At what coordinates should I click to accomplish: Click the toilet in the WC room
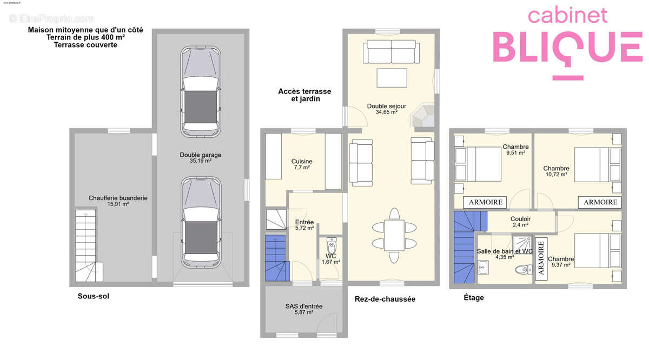(x=332, y=245)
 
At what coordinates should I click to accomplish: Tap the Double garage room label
(x=201, y=157)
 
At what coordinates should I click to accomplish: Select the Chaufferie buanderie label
(x=118, y=201)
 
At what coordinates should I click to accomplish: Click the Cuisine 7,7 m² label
(x=302, y=164)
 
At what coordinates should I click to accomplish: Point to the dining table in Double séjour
(x=394, y=235)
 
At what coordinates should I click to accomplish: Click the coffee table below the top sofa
(x=392, y=78)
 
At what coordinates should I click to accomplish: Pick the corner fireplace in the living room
(x=423, y=116)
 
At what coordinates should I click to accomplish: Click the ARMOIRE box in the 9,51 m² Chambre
(x=485, y=202)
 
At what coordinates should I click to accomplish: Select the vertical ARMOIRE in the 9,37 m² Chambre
(x=541, y=258)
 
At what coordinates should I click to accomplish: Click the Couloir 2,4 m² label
(x=520, y=222)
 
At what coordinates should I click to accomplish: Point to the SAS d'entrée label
(x=303, y=309)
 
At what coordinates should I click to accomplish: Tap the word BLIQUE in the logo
(x=568, y=47)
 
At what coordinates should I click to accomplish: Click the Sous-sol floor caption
(x=93, y=296)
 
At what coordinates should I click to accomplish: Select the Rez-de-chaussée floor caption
(x=385, y=299)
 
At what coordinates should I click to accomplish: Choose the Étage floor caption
(x=474, y=297)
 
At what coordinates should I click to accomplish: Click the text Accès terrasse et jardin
(x=304, y=95)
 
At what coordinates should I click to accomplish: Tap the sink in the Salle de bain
(x=482, y=267)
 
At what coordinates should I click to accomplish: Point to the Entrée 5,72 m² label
(x=304, y=225)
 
